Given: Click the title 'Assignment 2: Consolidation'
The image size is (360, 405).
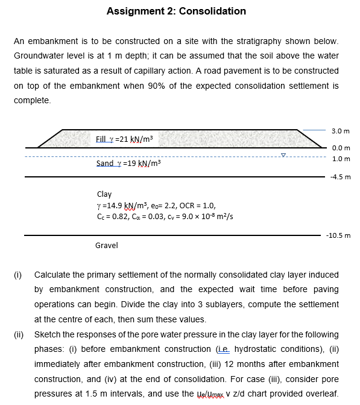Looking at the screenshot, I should pos(176,11).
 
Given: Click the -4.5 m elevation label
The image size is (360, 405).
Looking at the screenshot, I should pos(341,177).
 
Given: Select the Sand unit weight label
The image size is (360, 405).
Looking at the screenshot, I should pos(127,164).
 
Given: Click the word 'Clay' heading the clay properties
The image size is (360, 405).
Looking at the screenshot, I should pos(104,194).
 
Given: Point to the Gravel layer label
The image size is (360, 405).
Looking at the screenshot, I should pos(107,246).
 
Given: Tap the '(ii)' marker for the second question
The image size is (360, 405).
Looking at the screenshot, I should pos(18,333).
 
